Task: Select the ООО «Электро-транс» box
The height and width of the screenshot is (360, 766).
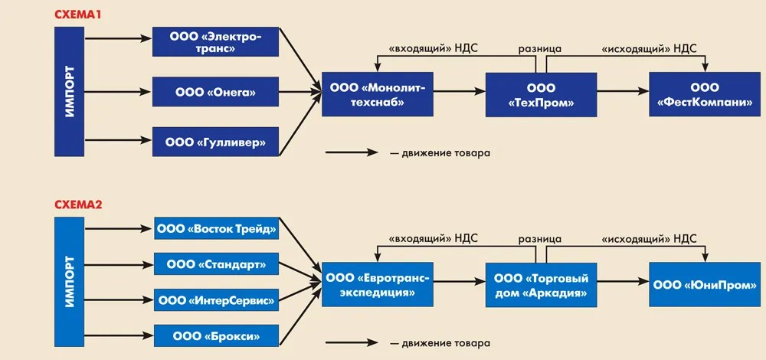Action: click(x=215, y=41)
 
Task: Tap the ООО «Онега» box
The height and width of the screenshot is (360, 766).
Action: click(x=215, y=93)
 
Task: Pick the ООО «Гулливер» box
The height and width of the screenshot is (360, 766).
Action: click(x=215, y=141)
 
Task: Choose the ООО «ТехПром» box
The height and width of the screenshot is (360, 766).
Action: click(x=541, y=95)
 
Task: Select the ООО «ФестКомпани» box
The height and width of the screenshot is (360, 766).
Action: click(x=705, y=95)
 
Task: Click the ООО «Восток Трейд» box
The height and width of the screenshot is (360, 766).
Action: click(x=215, y=229)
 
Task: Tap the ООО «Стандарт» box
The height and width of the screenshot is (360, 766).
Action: click(x=215, y=265)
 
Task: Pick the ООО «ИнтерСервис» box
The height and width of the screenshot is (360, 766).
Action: click(x=215, y=300)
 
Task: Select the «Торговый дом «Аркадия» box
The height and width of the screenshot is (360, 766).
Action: click(x=541, y=285)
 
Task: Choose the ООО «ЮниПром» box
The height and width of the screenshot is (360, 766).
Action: click(x=705, y=285)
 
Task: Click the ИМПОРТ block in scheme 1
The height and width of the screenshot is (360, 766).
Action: click(x=69, y=92)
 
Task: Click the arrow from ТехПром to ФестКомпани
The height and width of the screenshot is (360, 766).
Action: click(x=621, y=91)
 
